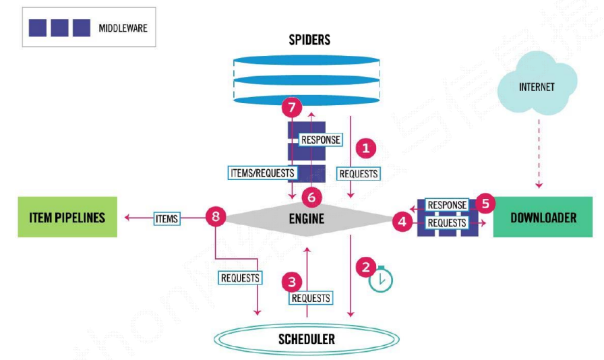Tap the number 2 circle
point(366,267)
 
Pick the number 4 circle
point(401,221)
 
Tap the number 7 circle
point(291,108)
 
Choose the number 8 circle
point(215,217)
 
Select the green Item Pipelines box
point(67,217)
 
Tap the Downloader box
point(543,218)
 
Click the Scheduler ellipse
point(307,338)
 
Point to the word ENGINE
point(307,218)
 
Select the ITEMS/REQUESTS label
point(262,173)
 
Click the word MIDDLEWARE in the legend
point(122,28)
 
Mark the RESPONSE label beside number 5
point(447,205)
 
